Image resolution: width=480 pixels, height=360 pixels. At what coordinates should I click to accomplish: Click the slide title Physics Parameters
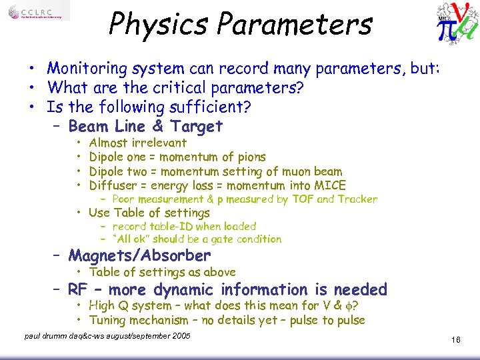pyautogui.click(x=240, y=24)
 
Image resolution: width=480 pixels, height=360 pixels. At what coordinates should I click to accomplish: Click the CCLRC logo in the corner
pyautogui.click(x=38, y=13)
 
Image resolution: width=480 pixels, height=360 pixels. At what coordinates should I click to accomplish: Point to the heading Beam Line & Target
pyautogui.click(x=145, y=126)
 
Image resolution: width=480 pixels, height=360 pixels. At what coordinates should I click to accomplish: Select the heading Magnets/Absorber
pyautogui.click(x=139, y=255)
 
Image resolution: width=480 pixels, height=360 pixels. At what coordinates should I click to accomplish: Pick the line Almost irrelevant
pyautogui.click(x=138, y=143)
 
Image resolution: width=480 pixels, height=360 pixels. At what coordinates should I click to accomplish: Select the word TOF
pyautogui.click(x=303, y=199)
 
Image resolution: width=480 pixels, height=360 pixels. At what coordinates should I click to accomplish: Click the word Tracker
pyautogui.click(x=358, y=199)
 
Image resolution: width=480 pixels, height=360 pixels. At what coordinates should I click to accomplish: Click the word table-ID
pyautogui.click(x=169, y=227)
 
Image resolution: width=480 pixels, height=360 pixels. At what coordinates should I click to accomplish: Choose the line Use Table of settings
pyautogui.click(x=149, y=213)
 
